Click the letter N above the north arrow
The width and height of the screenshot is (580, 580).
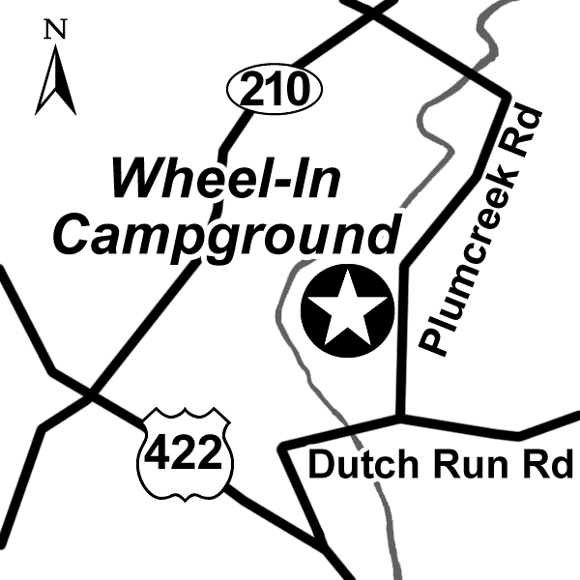[x=56, y=31]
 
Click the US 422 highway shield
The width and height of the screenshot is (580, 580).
[x=185, y=453]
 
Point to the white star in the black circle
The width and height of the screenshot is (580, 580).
[x=347, y=311]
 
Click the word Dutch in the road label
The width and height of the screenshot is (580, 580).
[x=359, y=465]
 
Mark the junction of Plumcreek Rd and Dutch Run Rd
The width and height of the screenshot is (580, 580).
[x=399, y=418]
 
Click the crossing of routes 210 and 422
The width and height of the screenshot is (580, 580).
[x=92, y=394]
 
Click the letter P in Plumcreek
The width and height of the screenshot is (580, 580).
[x=433, y=339]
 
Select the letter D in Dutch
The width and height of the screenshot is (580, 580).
[x=321, y=465]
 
